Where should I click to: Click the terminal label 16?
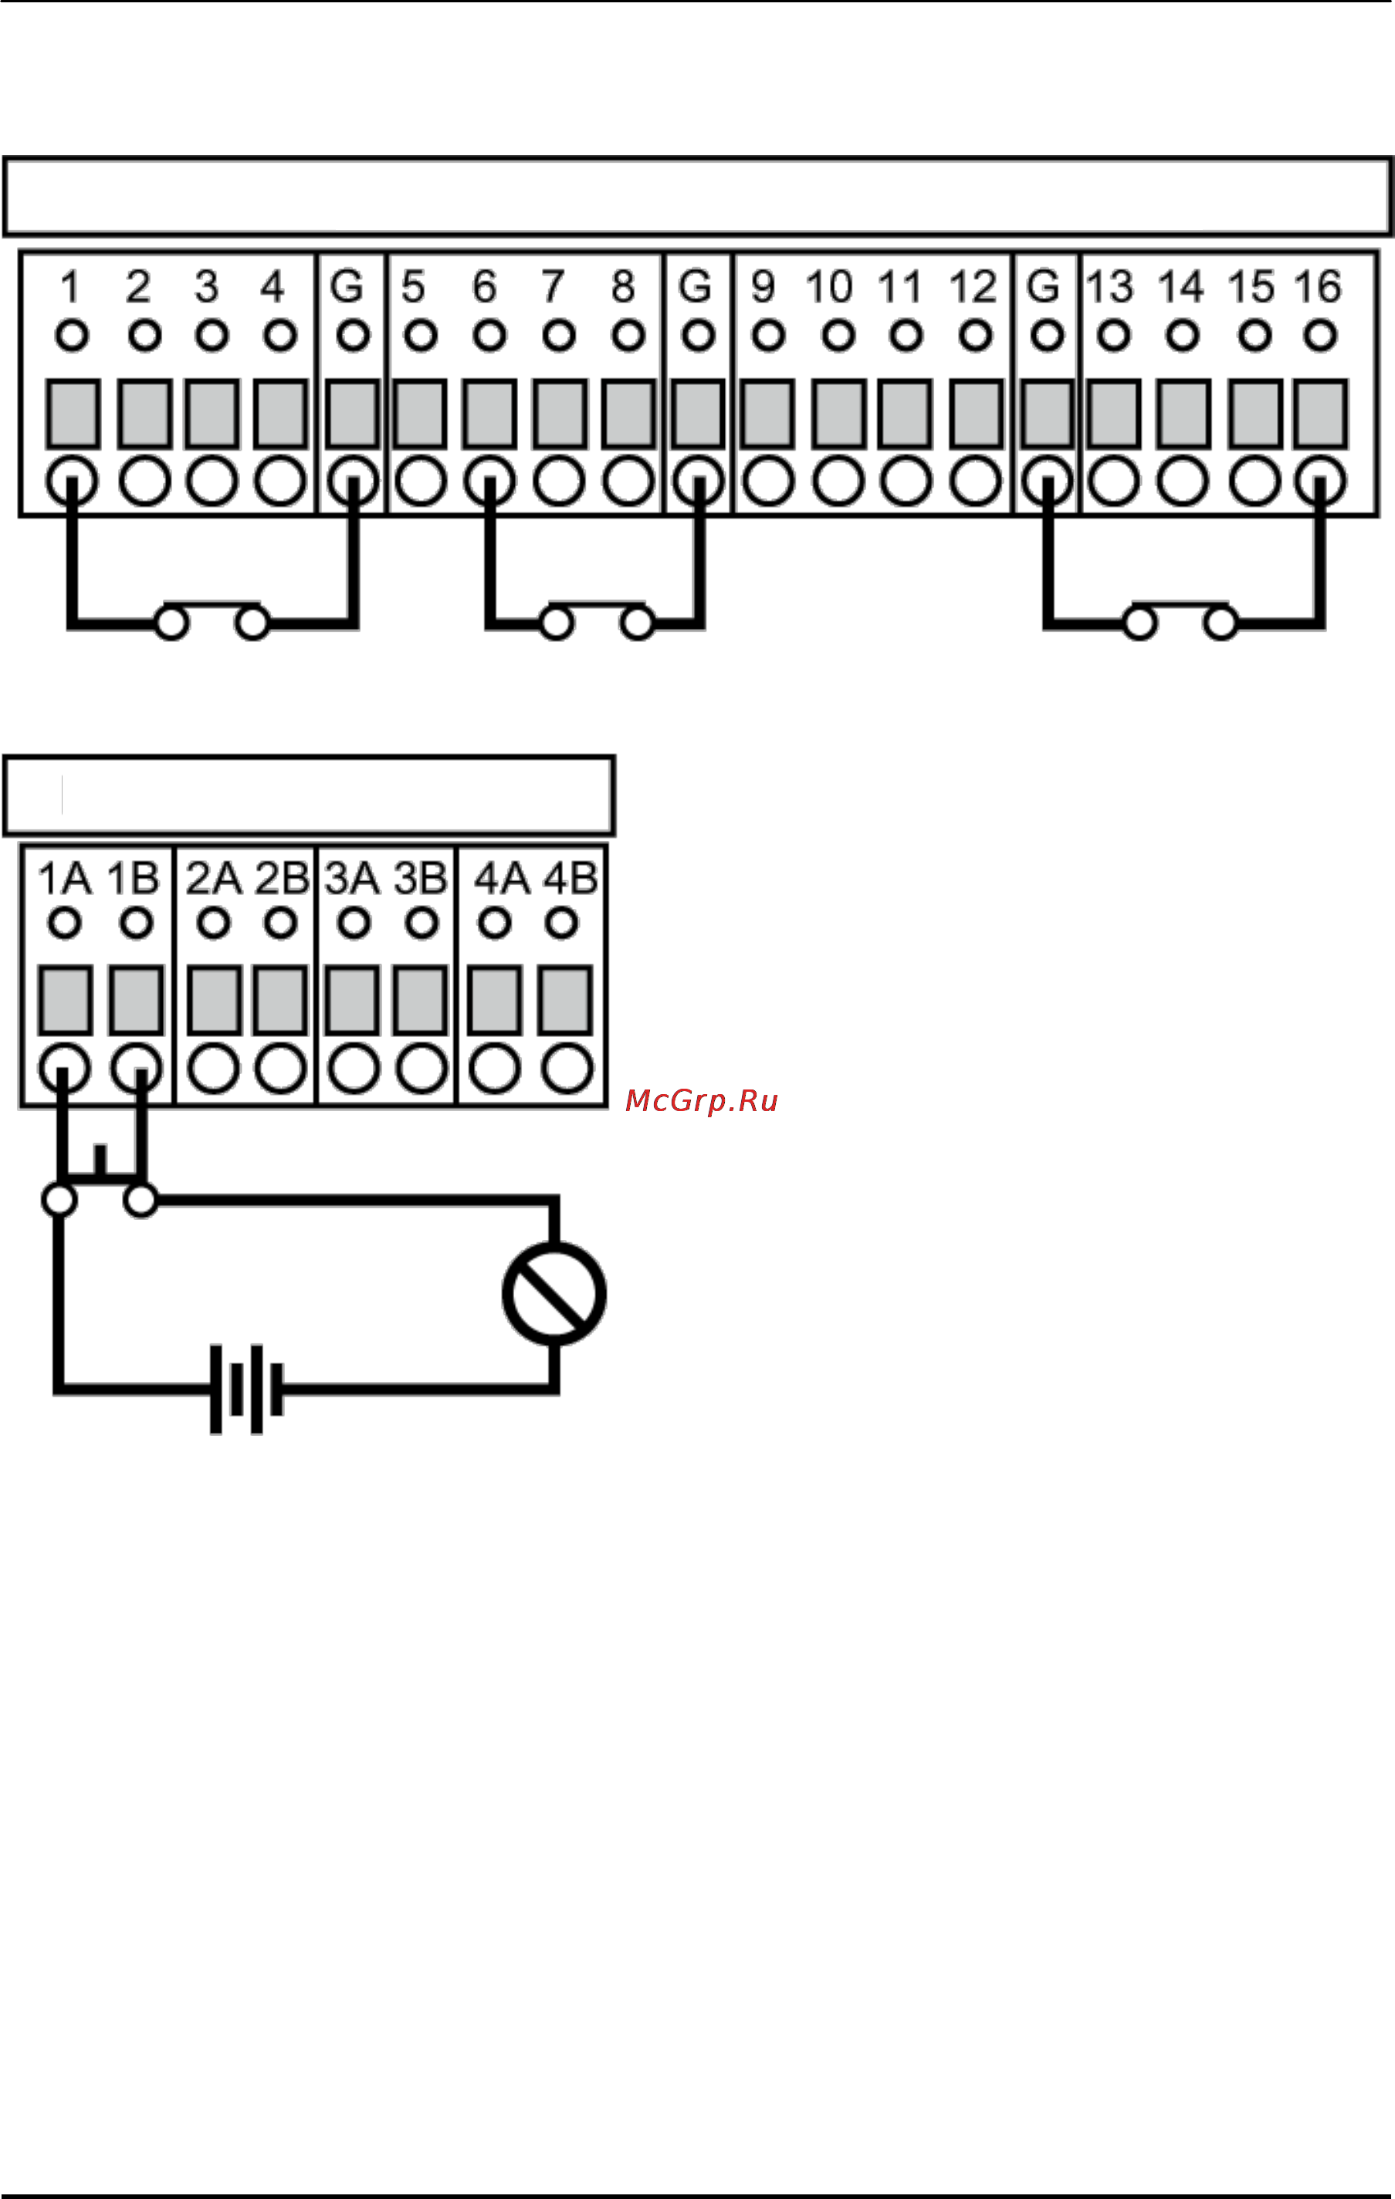(1317, 287)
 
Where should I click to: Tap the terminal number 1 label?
(69, 287)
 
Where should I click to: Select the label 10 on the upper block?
(828, 287)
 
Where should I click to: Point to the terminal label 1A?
(65, 879)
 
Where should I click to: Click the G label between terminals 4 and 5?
(347, 287)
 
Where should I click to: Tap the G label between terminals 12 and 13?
(1043, 287)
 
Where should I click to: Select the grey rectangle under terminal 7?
(559, 414)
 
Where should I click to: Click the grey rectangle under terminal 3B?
(420, 1001)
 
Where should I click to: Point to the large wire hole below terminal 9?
(768, 481)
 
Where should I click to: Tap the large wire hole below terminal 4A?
(495, 1069)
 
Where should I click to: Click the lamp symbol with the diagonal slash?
(554, 1294)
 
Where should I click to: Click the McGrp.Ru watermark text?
(702, 1100)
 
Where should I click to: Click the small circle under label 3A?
(354, 924)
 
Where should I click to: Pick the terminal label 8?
(623, 287)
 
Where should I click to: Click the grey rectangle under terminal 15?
(1255, 414)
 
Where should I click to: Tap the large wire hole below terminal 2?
(144, 481)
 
